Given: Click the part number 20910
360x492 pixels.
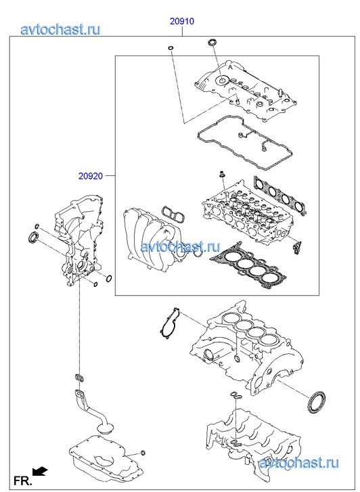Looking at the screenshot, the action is [182, 22].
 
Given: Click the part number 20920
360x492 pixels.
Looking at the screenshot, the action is [91, 176].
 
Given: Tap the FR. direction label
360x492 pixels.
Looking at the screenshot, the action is [22, 480].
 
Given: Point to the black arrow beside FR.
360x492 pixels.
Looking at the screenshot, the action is [40, 471].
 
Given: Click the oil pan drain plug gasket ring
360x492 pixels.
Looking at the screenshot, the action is [143, 453].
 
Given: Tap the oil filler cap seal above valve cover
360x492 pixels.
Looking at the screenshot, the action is [212, 42].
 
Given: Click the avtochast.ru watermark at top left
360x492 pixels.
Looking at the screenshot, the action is [61, 29].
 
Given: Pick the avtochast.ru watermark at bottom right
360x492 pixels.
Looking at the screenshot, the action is [298, 463].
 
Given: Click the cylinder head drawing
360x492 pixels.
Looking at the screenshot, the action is [248, 213].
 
